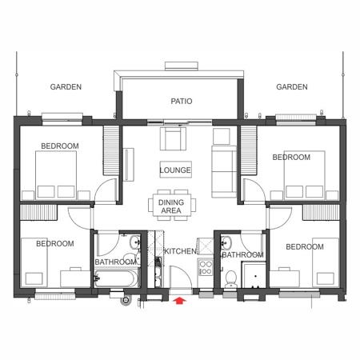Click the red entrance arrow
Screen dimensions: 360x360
point(180,301)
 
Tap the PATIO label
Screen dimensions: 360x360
point(182,102)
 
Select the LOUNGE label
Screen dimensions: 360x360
point(175,170)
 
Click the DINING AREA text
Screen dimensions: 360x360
point(171,206)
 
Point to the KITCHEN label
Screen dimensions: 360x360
point(180,251)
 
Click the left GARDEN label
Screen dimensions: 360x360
point(66,87)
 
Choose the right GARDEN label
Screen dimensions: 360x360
point(292,87)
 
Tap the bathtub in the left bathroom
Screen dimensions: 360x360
point(116,278)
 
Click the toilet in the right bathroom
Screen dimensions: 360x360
point(230,278)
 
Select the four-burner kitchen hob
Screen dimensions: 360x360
point(206,268)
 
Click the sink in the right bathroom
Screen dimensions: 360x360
point(226,242)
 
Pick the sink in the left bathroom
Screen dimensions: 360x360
point(135,242)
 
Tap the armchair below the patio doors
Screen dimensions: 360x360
point(173,138)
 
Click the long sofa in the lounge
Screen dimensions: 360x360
point(224,172)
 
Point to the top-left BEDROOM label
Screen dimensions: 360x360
point(60,146)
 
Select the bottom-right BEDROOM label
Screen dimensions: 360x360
point(305,247)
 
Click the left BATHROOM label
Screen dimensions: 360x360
point(116,262)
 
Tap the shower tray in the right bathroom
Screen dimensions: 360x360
point(254,275)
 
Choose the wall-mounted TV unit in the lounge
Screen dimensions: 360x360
point(129,165)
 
